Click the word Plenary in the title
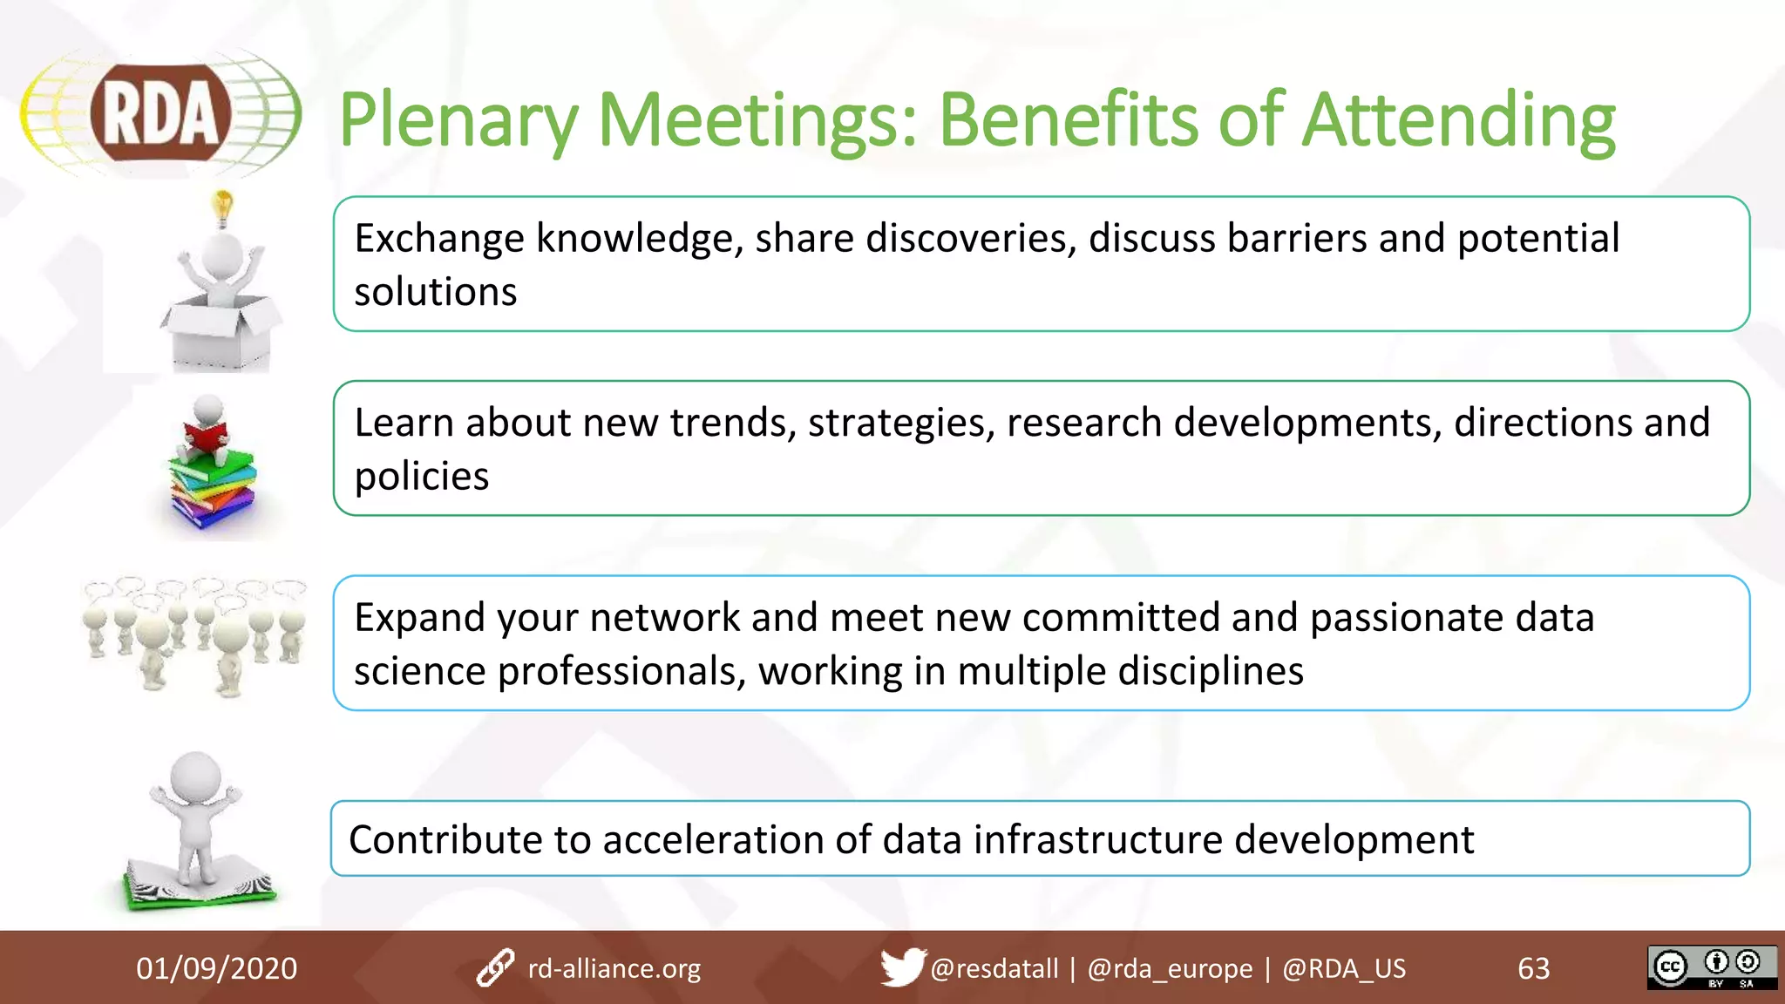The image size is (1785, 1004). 458,122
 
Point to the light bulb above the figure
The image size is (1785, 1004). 224,207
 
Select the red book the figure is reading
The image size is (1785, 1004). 206,435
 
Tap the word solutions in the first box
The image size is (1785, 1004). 435,292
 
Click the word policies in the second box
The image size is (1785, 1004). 421,477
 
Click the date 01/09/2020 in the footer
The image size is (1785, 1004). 216,968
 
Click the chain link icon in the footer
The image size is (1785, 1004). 495,968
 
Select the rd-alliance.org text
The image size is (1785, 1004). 614,968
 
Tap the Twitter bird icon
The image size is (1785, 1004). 901,967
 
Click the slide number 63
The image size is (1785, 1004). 1533,968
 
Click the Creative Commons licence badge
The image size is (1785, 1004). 1711,967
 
